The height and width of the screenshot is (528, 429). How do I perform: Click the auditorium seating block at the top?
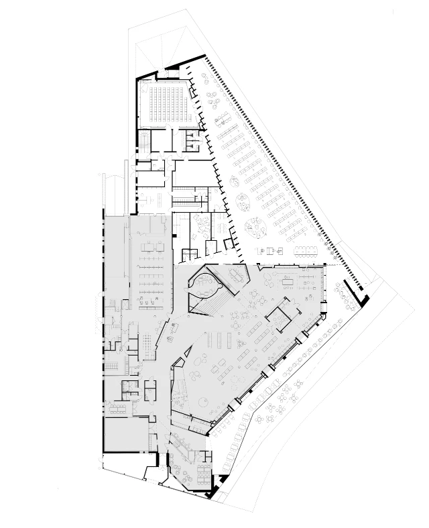(x=168, y=103)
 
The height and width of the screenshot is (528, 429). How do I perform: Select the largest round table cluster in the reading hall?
(x=254, y=227)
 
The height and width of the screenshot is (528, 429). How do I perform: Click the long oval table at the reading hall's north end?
(x=308, y=251)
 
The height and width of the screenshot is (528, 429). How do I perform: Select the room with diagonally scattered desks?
(x=201, y=229)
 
